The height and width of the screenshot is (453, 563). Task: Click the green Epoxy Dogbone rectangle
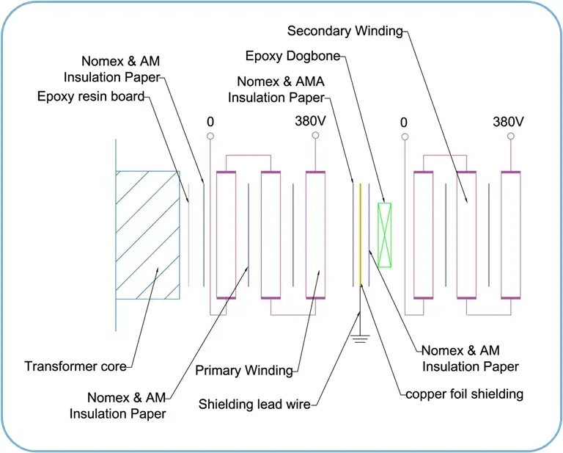[385, 235]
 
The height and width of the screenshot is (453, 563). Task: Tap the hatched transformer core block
[147, 235]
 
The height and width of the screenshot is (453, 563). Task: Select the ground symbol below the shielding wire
[360, 338]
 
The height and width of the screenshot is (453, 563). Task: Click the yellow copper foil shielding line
[361, 235]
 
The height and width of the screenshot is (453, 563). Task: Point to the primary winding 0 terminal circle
[210, 136]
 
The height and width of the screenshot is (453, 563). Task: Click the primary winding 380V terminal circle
[315, 135]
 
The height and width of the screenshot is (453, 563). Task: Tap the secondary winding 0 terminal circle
[405, 137]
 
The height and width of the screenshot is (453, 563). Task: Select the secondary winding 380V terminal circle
[510, 136]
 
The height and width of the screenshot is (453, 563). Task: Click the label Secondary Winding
[345, 31]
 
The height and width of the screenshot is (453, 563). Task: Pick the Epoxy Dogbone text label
[292, 56]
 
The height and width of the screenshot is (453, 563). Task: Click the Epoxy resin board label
[91, 96]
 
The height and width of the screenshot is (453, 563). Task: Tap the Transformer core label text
[76, 366]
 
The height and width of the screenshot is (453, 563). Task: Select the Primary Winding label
[244, 370]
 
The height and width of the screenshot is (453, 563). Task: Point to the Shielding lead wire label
[254, 404]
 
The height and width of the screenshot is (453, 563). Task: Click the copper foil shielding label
[464, 394]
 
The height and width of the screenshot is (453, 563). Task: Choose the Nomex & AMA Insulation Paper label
[276, 90]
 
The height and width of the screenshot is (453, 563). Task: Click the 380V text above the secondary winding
[508, 122]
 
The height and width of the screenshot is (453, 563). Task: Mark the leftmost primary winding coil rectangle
[227, 235]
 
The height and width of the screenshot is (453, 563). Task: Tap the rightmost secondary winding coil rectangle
[510, 235]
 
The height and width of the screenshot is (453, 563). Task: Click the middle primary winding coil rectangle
[271, 235]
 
